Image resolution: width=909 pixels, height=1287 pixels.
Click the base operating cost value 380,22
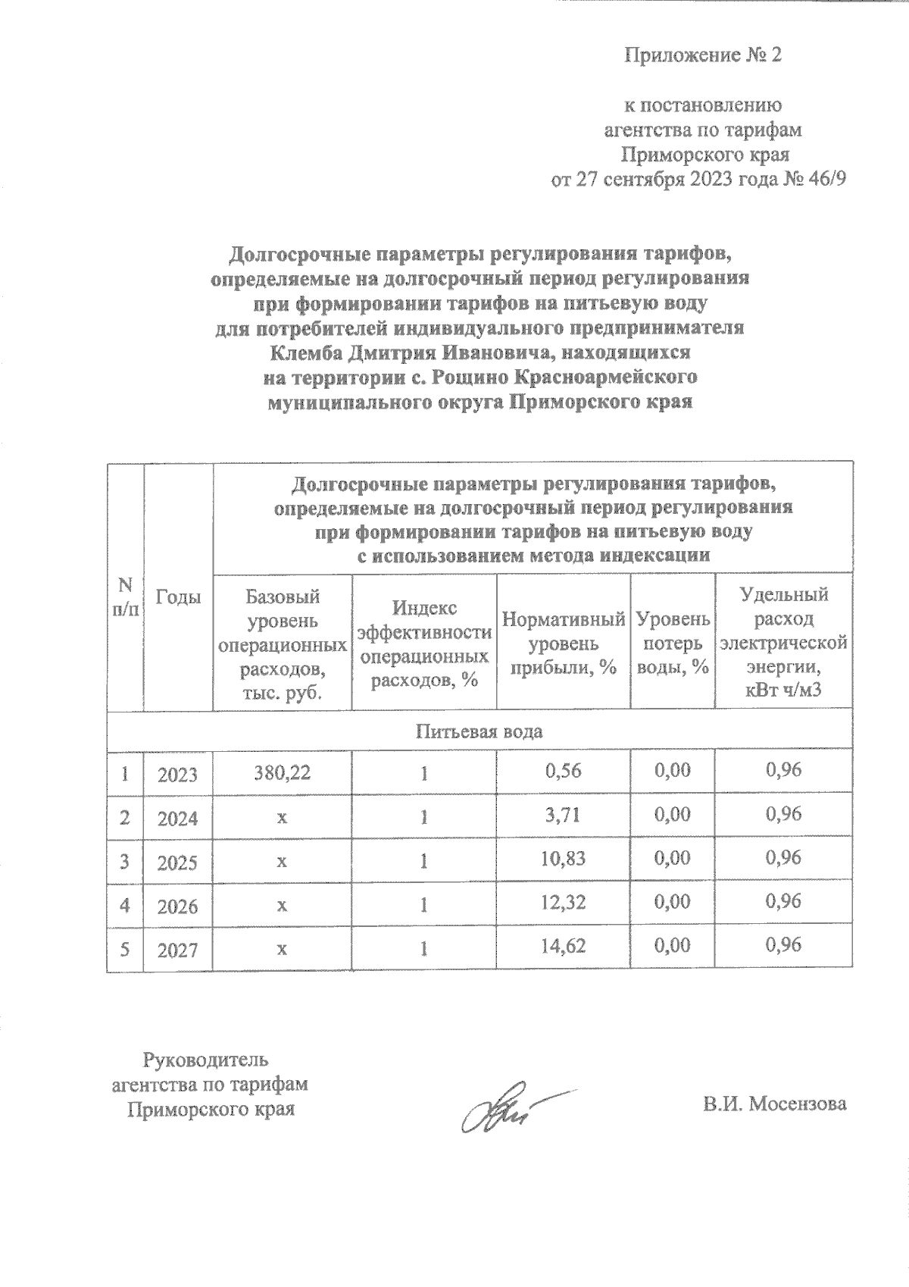(x=282, y=772)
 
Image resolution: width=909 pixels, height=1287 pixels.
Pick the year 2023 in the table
(x=177, y=775)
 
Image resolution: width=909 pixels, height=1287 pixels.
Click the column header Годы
(x=178, y=597)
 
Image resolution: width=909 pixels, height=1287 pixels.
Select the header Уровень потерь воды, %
(x=673, y=643)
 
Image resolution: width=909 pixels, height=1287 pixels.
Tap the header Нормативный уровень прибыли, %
(x=563, y=643)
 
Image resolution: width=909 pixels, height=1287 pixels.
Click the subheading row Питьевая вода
(x=479, y=732)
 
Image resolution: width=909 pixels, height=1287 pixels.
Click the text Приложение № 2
(x=701, y=55)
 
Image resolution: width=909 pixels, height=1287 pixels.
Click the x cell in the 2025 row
(x=282, y=862)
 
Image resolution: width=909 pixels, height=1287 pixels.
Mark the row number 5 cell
(x=124, y=947)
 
